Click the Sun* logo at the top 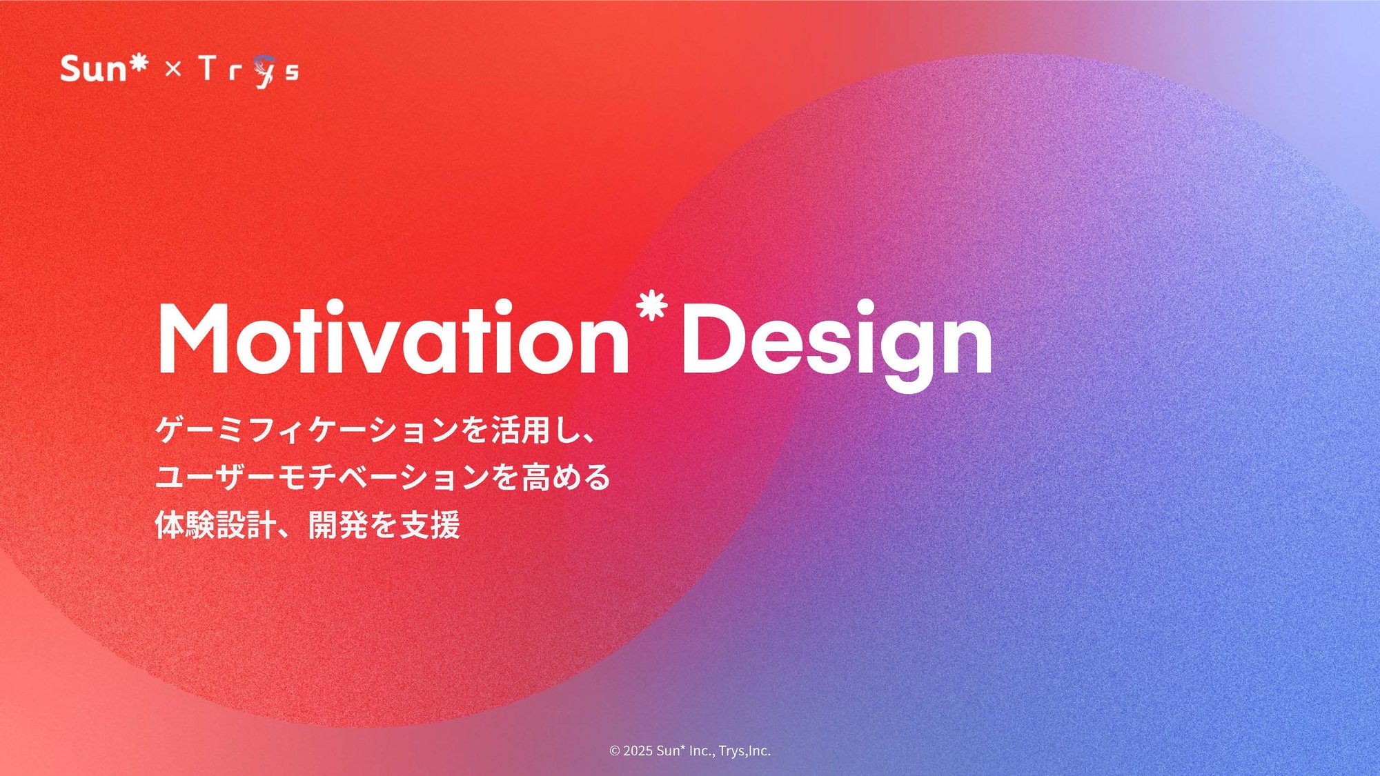click(x=103, y=69)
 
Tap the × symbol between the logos click(x=173, y=69)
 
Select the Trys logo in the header click(x=248, y=70)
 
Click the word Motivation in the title click(x=393, y=338)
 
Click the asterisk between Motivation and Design click(x=652, y=306)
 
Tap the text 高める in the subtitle click(x=566, y=477)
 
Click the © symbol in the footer click(x=615, y=751)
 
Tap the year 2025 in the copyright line click(x=638, y=751)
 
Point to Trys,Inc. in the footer click(x=744, y=751)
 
